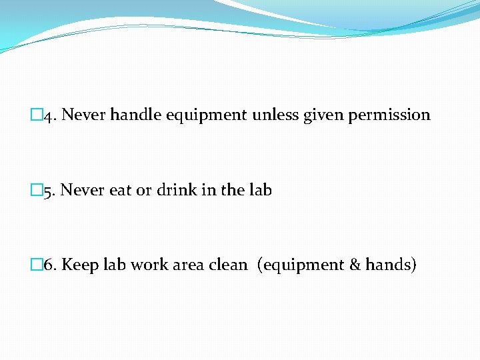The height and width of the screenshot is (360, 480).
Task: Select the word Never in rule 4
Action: click(84, 115)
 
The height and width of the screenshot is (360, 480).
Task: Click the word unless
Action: click(276, 115)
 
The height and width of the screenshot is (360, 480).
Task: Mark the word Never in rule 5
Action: click(83, 190)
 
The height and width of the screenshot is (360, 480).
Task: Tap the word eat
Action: click(120, 191)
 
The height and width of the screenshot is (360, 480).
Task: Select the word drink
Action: click(177, 190)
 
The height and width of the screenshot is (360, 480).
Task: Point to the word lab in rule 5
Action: click(261, 190)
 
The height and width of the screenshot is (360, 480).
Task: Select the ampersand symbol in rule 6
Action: click(355, 265)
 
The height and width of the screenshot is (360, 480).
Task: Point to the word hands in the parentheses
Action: click(389, 265)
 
